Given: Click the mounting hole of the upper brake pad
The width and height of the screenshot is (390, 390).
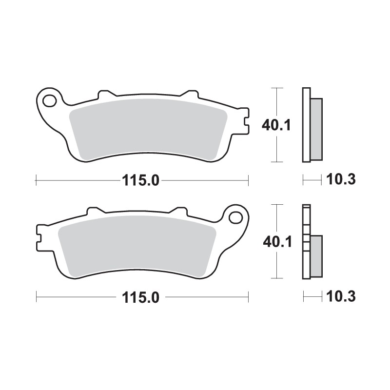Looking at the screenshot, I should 49,101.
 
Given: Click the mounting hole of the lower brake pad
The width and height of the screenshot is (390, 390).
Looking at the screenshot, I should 235,216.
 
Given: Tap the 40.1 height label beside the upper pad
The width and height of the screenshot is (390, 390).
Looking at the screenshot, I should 276,125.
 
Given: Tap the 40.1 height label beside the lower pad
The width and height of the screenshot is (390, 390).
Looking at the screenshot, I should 276,241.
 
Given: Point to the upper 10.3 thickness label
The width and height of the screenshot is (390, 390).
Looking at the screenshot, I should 341,180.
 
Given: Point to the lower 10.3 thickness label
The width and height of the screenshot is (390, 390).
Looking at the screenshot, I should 341,297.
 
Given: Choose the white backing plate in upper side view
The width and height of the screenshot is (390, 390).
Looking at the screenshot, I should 306,124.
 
